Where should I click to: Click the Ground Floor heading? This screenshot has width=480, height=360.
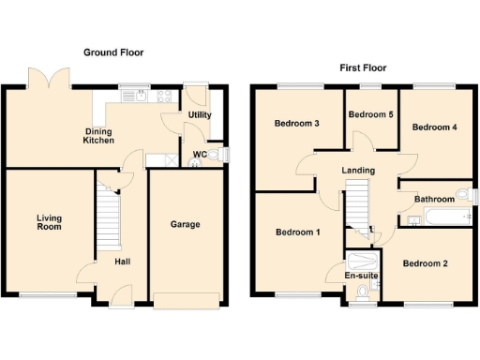click(x=113, y=52)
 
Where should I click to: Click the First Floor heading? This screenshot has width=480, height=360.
click(x=362, y=68)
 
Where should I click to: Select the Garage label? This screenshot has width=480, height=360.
click(x=184, y=225)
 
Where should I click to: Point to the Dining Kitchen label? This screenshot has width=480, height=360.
click(x=99, y=135)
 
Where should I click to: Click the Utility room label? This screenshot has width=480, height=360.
click(x=200, y=115)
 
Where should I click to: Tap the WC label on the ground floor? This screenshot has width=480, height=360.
click(x=200, y=154)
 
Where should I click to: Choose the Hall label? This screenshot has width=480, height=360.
click(x=123, y=262)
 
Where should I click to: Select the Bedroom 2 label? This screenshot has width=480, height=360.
click(x=425, y=263)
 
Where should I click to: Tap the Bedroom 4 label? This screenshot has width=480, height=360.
click(x=435, y=127)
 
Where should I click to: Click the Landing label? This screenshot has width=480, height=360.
click(x=358, y=170)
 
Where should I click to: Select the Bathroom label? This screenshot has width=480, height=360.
click(x=435, y=198)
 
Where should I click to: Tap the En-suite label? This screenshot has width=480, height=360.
click(x=361, y=277)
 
